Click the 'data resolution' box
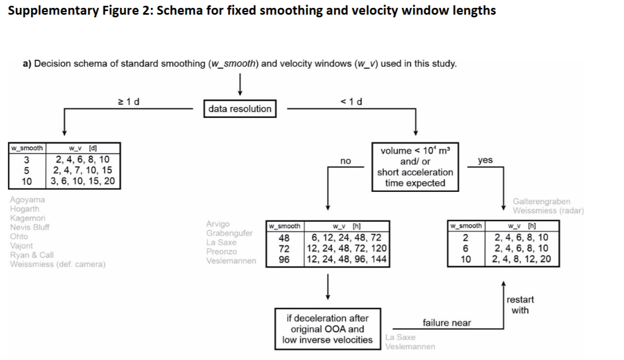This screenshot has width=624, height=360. pyautogui.click(x=239, y=109)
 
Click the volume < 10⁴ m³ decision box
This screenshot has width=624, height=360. pyautogui.click(x=415, y=167)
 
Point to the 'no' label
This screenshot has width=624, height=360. pyautogui.click(x=345, y=161)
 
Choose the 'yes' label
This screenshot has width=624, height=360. pyautogui.click(x=485, y=160)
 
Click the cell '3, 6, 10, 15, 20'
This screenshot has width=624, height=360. pyautogui.click(x=83, y=181)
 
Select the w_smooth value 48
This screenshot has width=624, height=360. pyautogui.click(x=284, y=237)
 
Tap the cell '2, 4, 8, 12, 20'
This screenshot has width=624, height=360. pyautogui.click(x=522, y=259)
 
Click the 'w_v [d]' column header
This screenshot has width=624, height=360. pyautogui.click(x=83, y=148)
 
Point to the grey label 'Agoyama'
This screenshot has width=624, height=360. pyautogui.click(x=27, y=200)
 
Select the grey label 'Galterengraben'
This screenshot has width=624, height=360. pyautogui.click(x=542, y=202)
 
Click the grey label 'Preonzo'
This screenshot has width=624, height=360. pyautogui.click(x=222, y=252)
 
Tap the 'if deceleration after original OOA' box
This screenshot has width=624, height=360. pyautogui.click(x=327, y=329)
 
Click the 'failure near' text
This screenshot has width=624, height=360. pyautogui.click(x=446, y=323)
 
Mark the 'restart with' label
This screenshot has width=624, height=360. pyautogui.click(x=520, y=305)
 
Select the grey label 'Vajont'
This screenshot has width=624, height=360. pyautogui.click(x=21, y=245)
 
